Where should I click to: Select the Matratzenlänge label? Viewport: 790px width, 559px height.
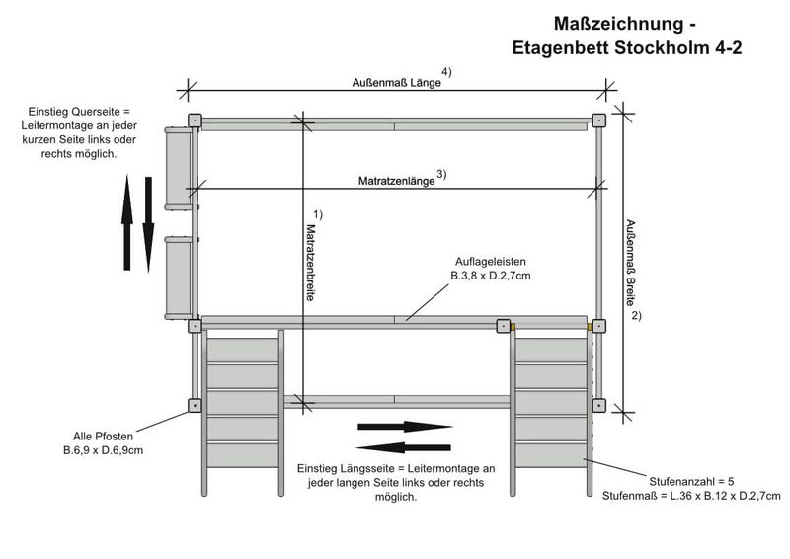pos(395,182)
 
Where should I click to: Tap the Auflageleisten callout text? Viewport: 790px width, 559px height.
pos(491,268)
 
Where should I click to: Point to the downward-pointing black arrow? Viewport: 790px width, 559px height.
pos(148,223)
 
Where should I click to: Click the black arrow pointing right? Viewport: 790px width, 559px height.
pos(404,427)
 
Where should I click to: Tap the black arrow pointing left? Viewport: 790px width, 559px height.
pos(404,446)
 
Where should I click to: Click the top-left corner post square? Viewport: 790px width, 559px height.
pos(195,120)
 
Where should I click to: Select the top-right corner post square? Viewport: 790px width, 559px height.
pos(599,120)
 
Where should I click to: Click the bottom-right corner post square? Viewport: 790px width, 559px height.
pos(599,405)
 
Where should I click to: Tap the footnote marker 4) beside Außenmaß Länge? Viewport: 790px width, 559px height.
pos(447,72)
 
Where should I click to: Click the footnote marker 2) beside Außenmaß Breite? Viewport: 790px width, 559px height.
pos(637,316)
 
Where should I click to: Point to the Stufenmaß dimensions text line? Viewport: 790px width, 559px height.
pos(691,496)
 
